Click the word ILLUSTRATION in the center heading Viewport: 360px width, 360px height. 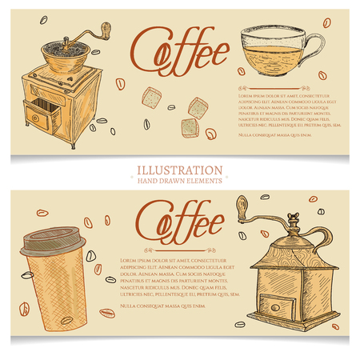pos(179,170)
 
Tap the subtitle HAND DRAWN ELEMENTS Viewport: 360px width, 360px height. pos(179,181)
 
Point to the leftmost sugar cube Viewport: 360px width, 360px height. pos(153,97)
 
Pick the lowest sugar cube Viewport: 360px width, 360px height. pos(189,126)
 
